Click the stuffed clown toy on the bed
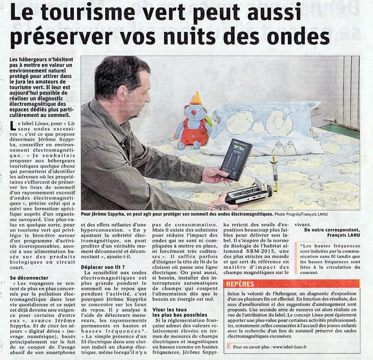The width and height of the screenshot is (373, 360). point(193,123)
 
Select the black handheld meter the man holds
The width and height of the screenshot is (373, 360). point(236,159)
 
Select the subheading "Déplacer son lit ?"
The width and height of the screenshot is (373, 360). point(102,267)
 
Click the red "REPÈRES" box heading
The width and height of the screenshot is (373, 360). point(240,284)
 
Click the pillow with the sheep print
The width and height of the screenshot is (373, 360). point(267,125)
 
